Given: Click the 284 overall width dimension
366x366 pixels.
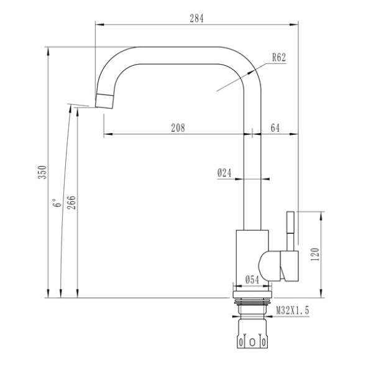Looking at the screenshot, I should pos(196,17).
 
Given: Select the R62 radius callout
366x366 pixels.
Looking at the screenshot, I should pos(278,58).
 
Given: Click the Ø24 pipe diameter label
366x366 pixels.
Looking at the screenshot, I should pos(224,174).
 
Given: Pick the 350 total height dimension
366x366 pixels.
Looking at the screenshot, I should pos(42,172).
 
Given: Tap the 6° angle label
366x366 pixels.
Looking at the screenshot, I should pos(57,203).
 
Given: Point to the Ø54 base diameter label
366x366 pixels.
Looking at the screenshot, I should pos(252,280).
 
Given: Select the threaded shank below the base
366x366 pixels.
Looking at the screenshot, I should pos(252,307).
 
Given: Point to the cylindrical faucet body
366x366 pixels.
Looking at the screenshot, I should pos(252,258).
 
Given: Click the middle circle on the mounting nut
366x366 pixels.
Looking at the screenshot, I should pos(252,342).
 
